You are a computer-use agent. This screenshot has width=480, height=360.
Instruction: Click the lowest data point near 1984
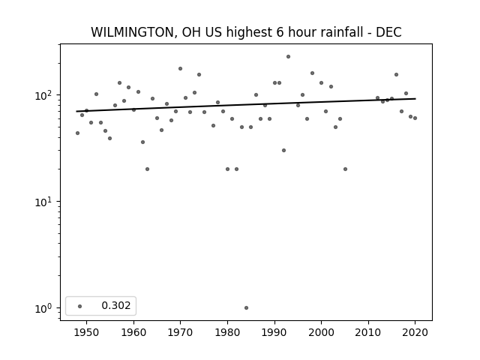coord(246,308)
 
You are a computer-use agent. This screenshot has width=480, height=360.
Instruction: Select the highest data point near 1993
coord(288,57)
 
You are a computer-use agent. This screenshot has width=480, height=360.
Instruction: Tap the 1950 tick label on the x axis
coord(87,333)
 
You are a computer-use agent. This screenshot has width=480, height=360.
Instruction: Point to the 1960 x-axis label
coord(133,333)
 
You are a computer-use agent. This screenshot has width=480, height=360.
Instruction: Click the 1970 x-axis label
coord(180,333)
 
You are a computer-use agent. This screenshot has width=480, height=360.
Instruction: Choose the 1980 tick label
coord(227,333)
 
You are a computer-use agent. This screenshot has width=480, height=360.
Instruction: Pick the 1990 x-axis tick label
coord(274,333)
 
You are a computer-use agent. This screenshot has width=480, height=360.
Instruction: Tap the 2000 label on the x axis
coord(321,333)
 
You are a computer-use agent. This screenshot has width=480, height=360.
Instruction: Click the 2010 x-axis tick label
coord(368,333)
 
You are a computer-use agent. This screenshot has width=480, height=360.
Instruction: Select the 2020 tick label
coord(415,333)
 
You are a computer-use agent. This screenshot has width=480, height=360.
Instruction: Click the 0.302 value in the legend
coord(116,305)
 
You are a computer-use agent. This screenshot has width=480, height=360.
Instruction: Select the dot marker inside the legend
coord(80,306)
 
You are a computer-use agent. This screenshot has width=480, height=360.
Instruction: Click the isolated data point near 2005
coord(345,169)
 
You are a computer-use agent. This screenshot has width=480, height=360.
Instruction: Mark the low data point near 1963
coord(147,169)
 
